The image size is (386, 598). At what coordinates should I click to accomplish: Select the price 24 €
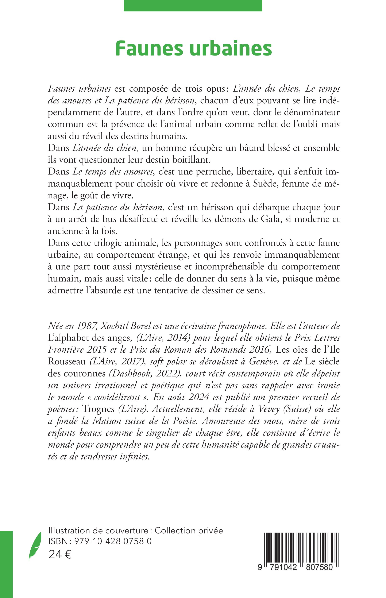click(60, 555)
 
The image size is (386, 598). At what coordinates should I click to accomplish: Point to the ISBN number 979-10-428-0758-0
click(113, 542)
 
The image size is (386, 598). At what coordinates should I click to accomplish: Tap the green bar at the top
click(193, 5)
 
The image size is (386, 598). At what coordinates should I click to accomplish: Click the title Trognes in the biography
click(98, 409)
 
